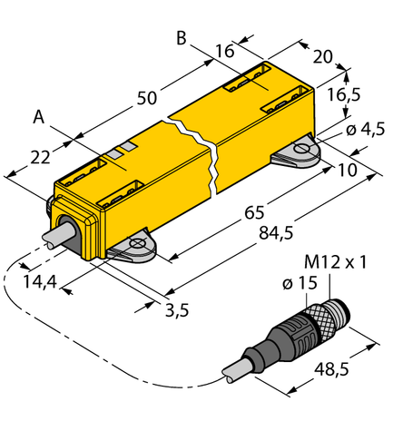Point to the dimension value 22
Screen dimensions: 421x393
[x=41, y=157]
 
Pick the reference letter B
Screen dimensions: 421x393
[x=181, y=38]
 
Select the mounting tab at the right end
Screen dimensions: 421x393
[x=299, y=152]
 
